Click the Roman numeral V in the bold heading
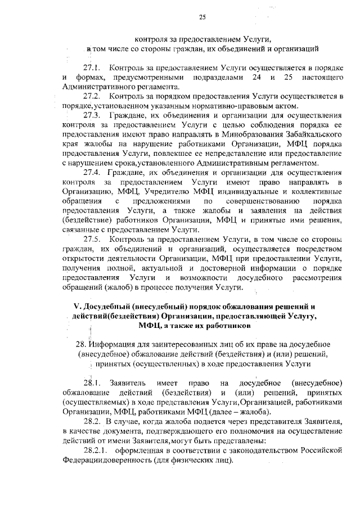click(77, 307)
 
